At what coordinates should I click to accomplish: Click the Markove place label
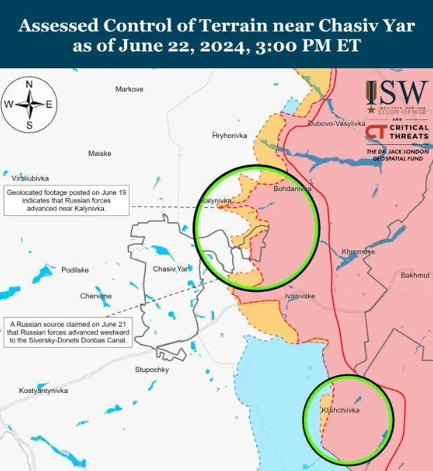click(129, 89)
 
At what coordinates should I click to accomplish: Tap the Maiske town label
click(100, 153)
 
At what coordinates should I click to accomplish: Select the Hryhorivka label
click(230, 135)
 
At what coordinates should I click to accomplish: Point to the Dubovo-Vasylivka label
click(336, 123)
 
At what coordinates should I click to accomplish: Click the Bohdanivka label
click(292, 189)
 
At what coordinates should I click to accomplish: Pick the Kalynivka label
click(215, 201)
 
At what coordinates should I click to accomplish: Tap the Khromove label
click(358, 252)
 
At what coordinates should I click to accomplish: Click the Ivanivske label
click(300, 296)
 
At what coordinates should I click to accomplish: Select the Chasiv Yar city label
click(170, 268)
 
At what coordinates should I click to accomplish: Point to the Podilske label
click(75, 270)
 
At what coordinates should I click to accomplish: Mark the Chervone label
click(96, 296)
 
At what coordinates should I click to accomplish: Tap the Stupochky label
click(152, 369)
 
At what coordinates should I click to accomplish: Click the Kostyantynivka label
click(43, 391)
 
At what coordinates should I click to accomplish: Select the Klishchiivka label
click(340, 410)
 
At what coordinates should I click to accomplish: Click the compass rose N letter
click(29, 84)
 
